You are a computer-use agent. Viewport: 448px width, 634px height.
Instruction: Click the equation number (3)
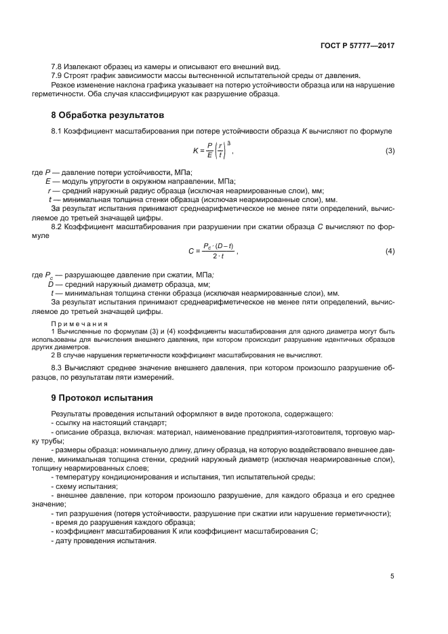pos(390,150)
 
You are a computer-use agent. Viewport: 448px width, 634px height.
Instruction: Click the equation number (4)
pos(390,251)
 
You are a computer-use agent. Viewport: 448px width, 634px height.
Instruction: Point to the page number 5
pos(392,576)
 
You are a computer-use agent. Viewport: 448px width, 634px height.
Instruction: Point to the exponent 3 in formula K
pos(229,142)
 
